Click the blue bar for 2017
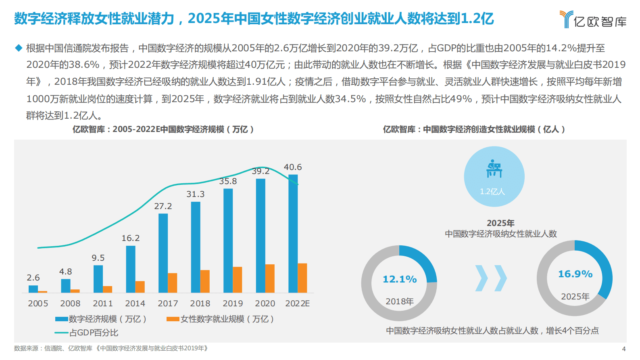pyautogui.click(x=163, y=253)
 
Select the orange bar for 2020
pyautogui.click(x=270, y=278)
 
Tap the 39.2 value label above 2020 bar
pyautogui.click(x=261, y=171)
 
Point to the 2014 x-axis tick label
pyautogui.click(x=135, y=303)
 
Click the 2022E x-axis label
pyautogui.click(x=298, y=303)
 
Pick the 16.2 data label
pyautogui.click(x=131, y=238)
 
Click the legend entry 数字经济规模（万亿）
pyautogui.click(x=101, y=319)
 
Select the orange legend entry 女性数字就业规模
pyautogui.click(x=221, y=319)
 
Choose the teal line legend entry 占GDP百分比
pyautogui.click(x=87, y=333)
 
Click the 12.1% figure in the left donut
pyautogui.click(x=400, y=279)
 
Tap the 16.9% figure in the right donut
pyautogui.click(x=575, y=274)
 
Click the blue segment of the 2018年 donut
pyautogui.click(x=422, y=260)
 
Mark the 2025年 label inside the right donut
pyautogui.click(x=575, y=297)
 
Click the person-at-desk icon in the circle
pyautogui.click(x=494, y=169)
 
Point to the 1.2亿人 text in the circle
pyautogui.click(x=492, y=192)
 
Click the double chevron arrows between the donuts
pyautogui.click(x=491, y=278)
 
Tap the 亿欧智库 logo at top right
pyautogui.click(x=593, y=19)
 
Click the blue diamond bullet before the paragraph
pyautogui.click(x=19, y=48)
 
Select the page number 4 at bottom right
pyautogui.click(x=624, y=349)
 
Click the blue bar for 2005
pyautogui.click(x=33, y=289)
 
